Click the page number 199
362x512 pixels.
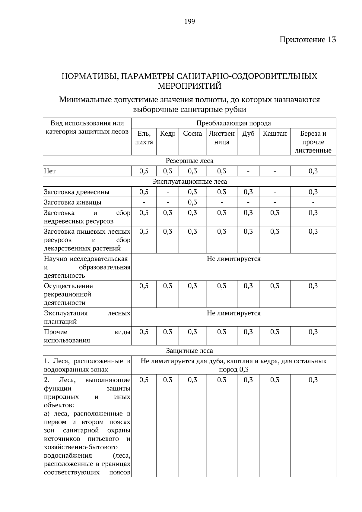189,21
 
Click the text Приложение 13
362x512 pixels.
307,40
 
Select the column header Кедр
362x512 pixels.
167,134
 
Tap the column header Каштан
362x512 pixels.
275,134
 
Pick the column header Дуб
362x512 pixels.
248,134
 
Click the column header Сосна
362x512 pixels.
192,134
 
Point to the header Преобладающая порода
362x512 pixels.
233,123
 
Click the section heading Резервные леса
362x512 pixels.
189,161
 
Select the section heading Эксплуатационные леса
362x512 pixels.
189,182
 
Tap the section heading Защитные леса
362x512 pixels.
189,351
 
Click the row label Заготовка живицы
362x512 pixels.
73,202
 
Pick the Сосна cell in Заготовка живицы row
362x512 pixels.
192,202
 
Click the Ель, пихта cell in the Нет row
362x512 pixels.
144,171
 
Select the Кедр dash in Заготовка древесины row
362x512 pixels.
167,192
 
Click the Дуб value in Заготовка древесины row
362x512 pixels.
248,192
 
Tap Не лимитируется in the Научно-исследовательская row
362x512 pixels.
233,259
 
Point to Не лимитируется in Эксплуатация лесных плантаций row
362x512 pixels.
233,313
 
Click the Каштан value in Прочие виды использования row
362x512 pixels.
275,332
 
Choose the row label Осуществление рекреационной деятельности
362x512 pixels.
68,294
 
